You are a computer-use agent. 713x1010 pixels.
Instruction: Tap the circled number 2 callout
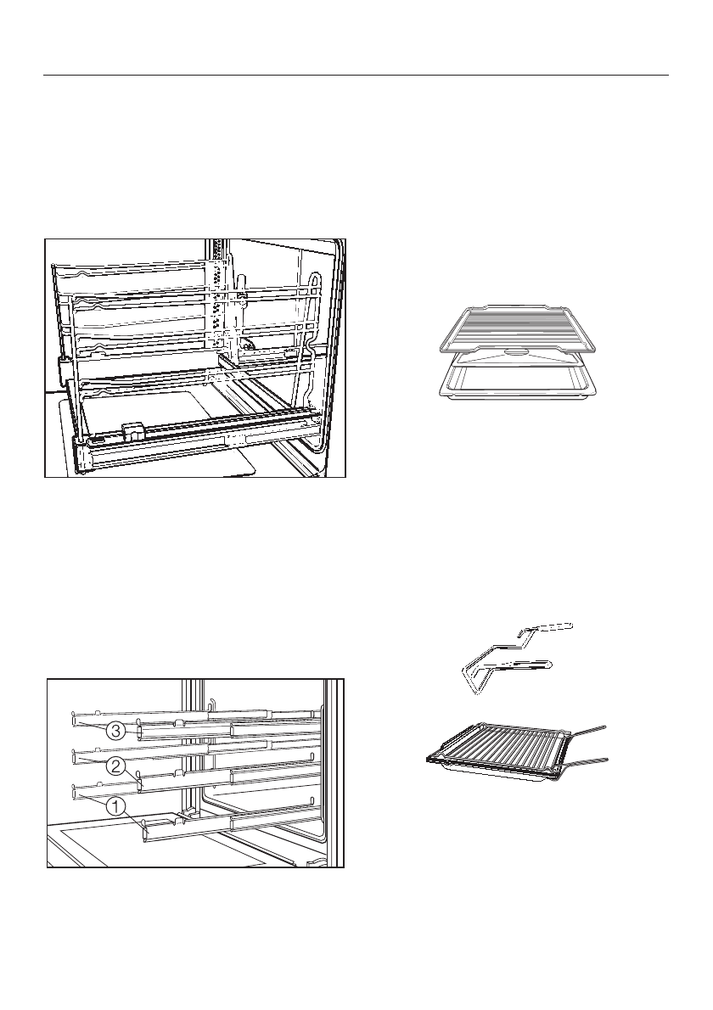pyautogui.click(x=116, y=766)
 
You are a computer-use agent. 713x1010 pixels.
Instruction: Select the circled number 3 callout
pyautogui.click(x=116, y=729)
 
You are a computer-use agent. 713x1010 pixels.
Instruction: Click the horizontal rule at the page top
pyautogui.click(x=356, y=75)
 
